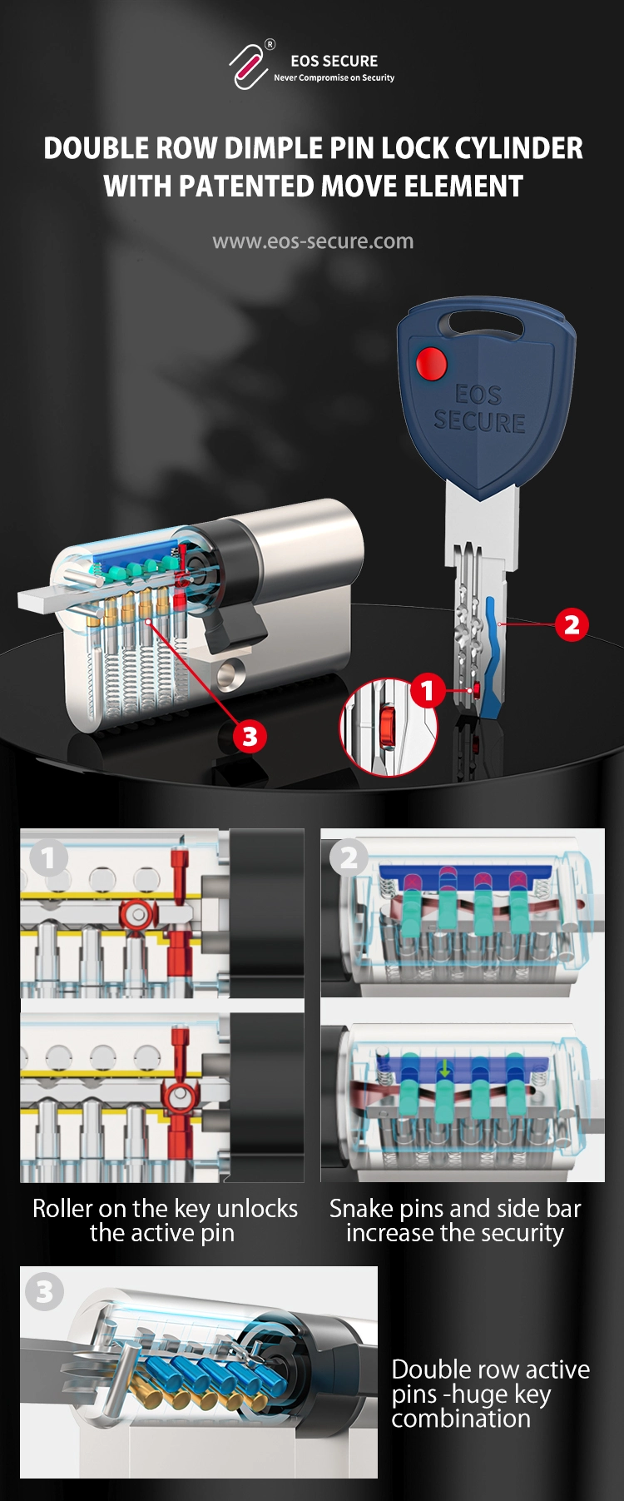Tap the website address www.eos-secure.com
point(313,241)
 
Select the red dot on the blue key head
point(431,363)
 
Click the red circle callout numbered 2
point(572,624)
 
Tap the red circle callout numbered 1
point(427,690)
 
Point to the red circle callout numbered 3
point(250,736)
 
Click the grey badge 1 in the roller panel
point(47,857)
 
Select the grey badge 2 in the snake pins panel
point(349,857)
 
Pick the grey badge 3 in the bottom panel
point(45,1292)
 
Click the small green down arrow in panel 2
point(445,1067)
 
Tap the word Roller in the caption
point(62,1208)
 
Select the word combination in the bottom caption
point(461,1418)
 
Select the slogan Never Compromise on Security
point(334,77)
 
